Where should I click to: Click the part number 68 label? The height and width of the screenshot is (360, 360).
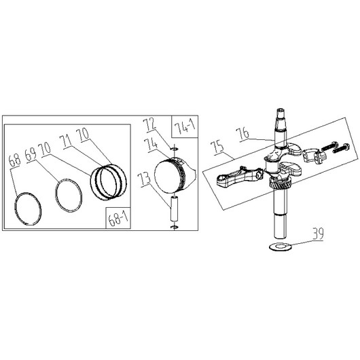15,160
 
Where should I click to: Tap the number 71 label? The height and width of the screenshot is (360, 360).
65,141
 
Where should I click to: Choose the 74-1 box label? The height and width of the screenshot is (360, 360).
185,128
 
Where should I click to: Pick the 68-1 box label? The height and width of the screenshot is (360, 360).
118,218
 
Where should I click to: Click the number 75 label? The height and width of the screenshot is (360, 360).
218,147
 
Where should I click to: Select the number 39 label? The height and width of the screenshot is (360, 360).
318,234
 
